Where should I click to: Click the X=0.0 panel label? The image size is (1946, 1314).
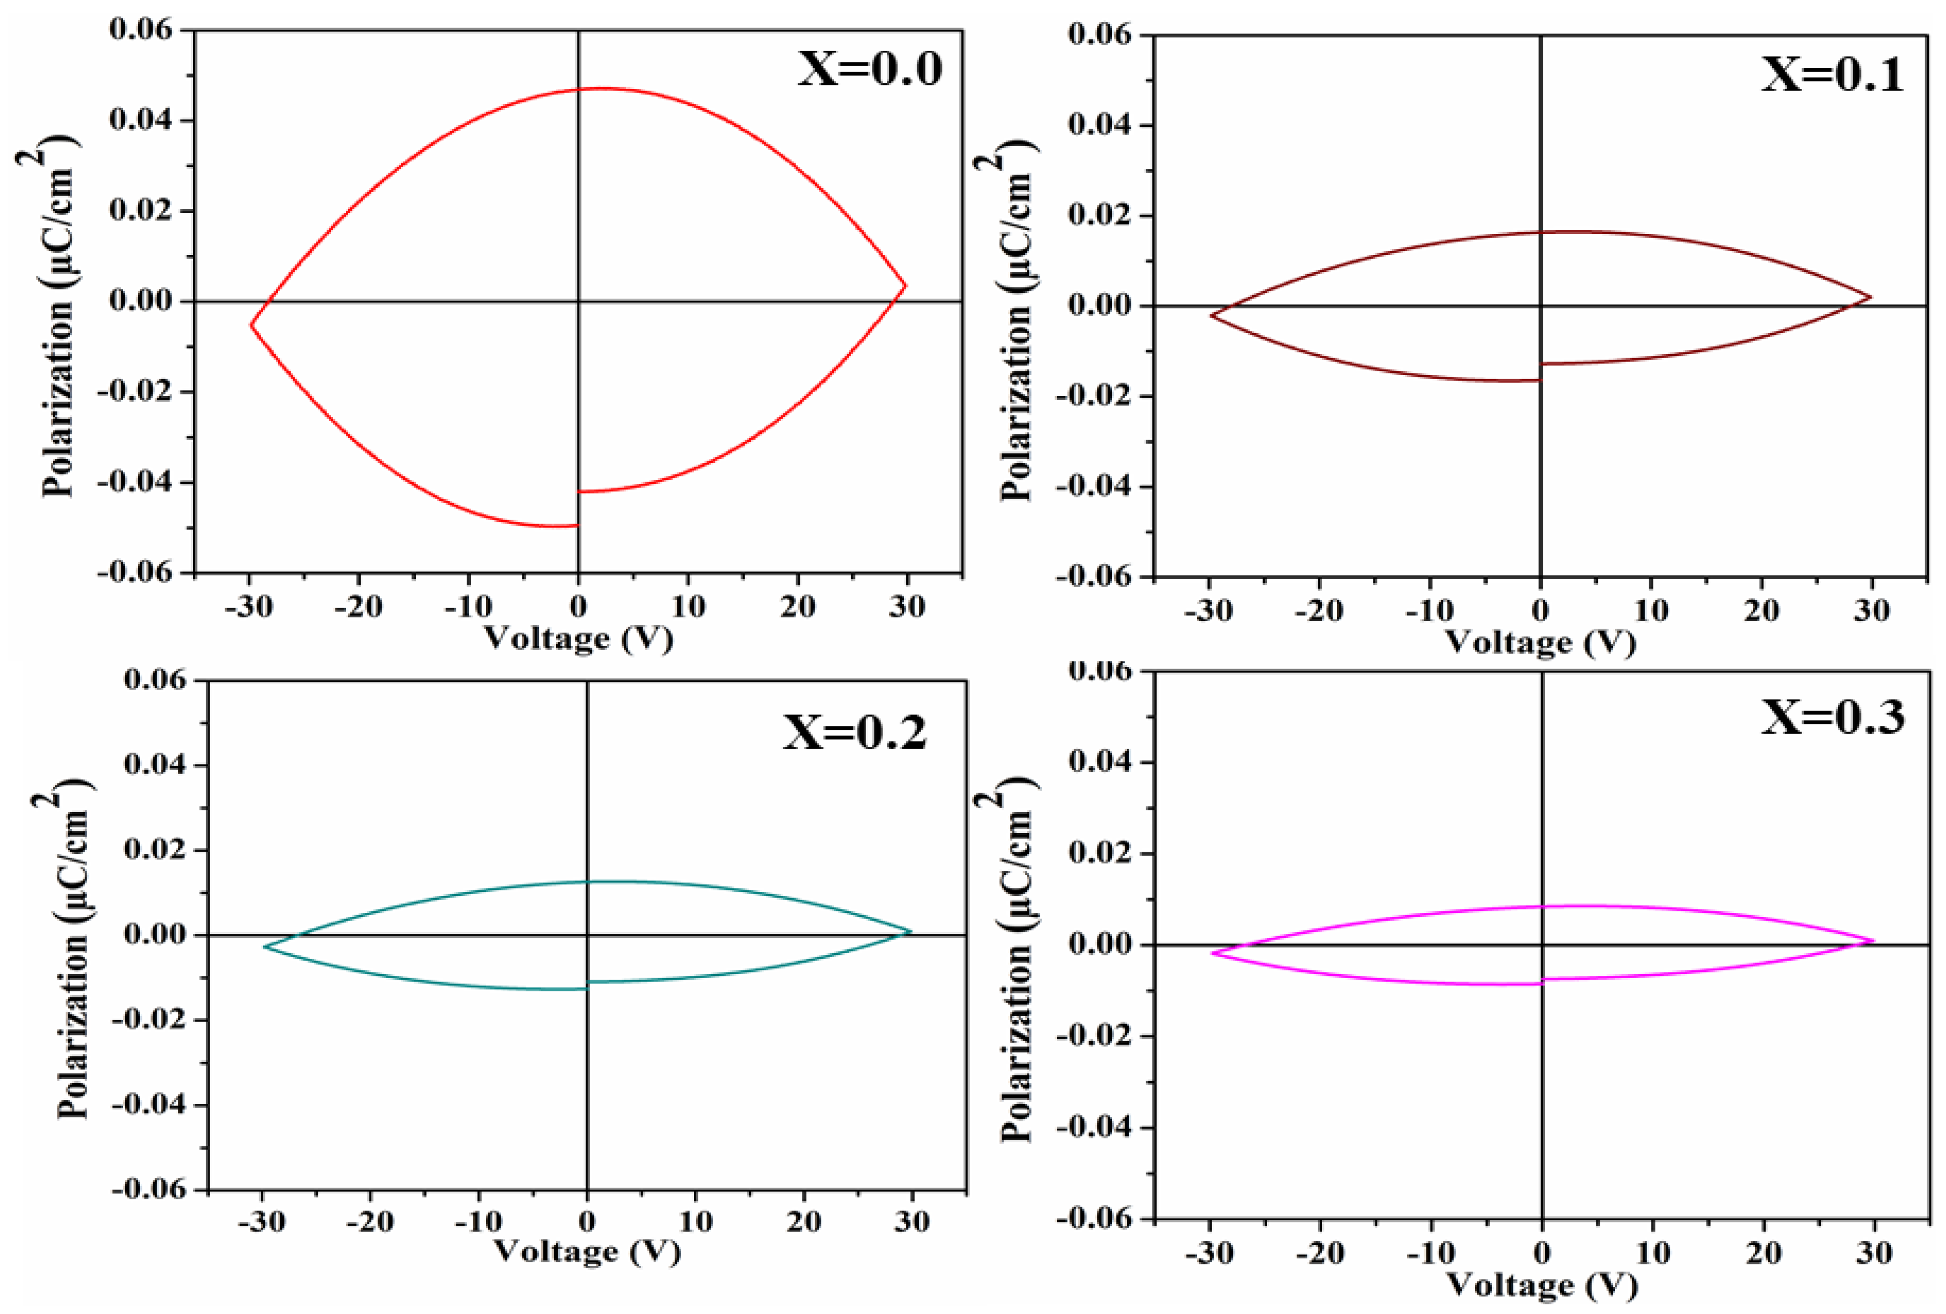pos(870,68)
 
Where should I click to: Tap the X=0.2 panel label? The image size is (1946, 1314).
pos(855,732)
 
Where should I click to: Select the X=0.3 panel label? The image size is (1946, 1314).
pos(1832,717)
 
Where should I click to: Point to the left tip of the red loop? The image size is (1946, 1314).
pos(251,325)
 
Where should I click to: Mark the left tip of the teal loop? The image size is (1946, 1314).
pos(265,947)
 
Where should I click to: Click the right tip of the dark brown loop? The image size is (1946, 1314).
pos(1870,296)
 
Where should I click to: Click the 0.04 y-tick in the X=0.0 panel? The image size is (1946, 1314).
pos(140,120)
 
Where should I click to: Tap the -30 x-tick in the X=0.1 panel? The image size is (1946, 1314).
pos(1209,611)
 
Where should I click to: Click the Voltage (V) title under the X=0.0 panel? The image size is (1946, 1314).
pos(579,638)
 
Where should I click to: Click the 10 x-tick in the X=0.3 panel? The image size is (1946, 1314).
pos(1652,1253)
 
